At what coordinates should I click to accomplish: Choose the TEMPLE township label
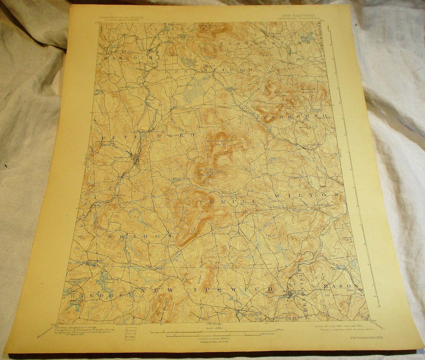[228, 202]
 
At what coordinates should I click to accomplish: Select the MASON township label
[340, 286]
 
